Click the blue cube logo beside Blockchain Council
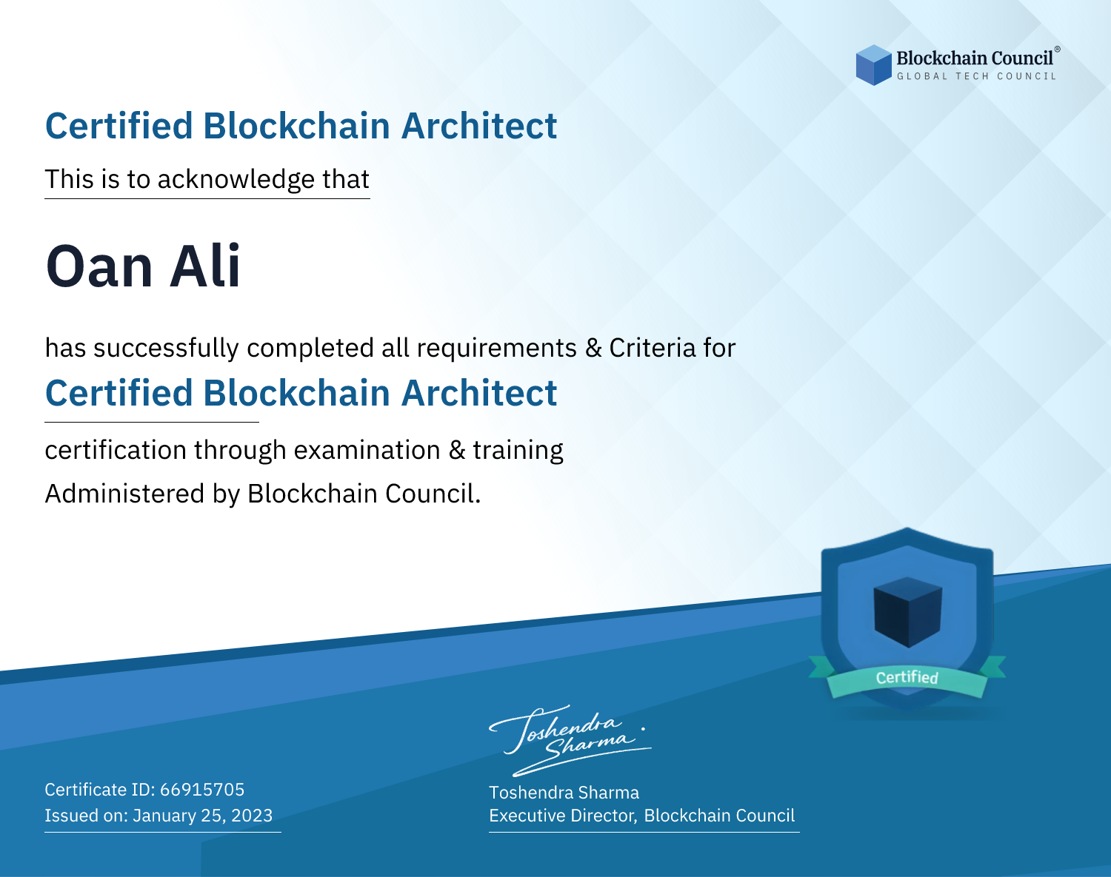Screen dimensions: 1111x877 point(873,65)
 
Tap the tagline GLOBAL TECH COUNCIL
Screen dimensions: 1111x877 point(977,76)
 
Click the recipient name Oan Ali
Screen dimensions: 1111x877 point(143,266)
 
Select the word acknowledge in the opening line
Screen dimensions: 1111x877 point(236,180)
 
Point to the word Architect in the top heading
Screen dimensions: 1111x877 point(479,126)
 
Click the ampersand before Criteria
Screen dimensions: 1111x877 point(593,348)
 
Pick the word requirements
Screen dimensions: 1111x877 point(497,349)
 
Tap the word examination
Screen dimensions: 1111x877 point(367,450)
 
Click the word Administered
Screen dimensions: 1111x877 point(125,494)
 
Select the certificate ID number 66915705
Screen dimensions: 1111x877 point(202,789)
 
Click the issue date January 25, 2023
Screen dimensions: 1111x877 point(202,816)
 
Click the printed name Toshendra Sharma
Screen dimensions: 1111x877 point(564,793)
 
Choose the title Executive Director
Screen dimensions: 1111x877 point(563,816)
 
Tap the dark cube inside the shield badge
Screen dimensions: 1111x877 point(907,612)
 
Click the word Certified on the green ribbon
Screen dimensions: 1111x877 point(907,677)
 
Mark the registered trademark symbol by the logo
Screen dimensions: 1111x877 point(1057,49)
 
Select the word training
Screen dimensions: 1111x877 point(518,450)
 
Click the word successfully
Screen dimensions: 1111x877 point(166,349)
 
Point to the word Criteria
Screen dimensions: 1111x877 point(652,348)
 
